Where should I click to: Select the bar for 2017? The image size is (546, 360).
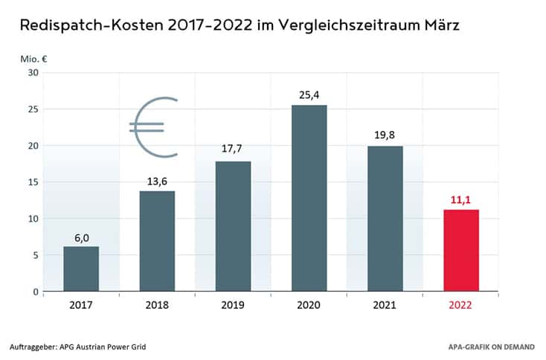point(81,269)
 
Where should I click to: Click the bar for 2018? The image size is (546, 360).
point(157,241)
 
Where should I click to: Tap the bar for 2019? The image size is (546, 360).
point(233,226)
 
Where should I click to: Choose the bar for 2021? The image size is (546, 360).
point(385,219)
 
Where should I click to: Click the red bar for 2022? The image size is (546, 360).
point(460,250)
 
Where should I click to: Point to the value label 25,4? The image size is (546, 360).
point(309,94)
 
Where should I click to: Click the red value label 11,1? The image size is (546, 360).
point(460,199)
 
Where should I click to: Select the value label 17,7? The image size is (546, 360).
point(233,150)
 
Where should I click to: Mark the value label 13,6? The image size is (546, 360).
point(157,181)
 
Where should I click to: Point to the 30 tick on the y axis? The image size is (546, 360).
point(32,72)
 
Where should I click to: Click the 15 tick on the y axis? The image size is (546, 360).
point(32,181)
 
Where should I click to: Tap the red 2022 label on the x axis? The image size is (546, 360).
point(460,305)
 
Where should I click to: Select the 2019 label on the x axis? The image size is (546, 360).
point(233,305)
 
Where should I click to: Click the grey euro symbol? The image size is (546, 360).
point(154,127)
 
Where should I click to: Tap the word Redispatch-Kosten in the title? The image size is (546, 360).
point(86,26)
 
